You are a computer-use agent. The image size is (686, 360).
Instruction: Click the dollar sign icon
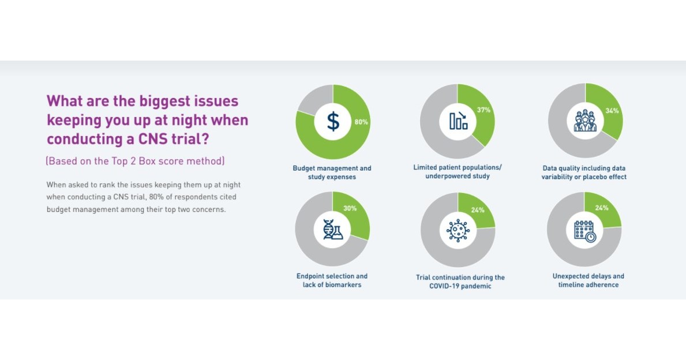click(333, 122)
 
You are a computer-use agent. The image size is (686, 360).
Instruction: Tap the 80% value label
click(361, 122)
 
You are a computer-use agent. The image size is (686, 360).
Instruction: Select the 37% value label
click(483, 110)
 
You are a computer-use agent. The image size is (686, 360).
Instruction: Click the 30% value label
click(350, 208)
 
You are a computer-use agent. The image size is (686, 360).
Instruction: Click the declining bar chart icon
click(458, 121)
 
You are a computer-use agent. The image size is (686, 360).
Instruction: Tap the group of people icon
click(585, 121)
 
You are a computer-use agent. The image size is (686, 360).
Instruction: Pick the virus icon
click(458, 230)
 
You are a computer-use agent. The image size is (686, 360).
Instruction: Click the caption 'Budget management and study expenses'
click(332, 172)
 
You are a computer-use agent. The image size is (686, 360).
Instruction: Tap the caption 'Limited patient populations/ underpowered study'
click(458, 171)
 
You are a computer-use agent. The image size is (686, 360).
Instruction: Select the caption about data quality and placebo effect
click(584, 172)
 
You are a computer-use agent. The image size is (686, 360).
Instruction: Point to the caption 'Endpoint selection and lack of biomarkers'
click(332, 280)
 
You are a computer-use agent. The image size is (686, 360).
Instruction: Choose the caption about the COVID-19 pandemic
click(460, 282)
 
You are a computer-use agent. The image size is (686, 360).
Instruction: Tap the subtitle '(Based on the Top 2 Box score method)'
click(135, 161)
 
